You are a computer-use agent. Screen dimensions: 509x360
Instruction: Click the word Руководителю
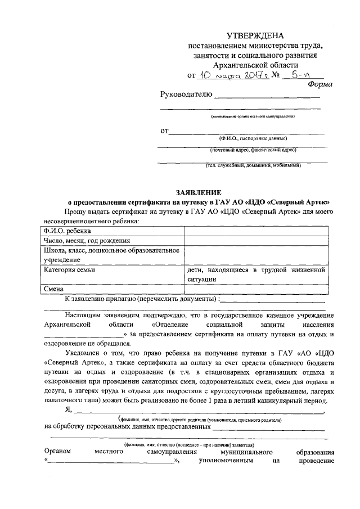pyautogui.click(x=186, y=94)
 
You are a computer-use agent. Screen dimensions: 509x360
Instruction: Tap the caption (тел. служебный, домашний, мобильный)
pyautogui.click(x=253, y=165)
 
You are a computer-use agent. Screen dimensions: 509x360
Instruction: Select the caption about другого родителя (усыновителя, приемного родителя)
pyautogui.click(x=200, y=420)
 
